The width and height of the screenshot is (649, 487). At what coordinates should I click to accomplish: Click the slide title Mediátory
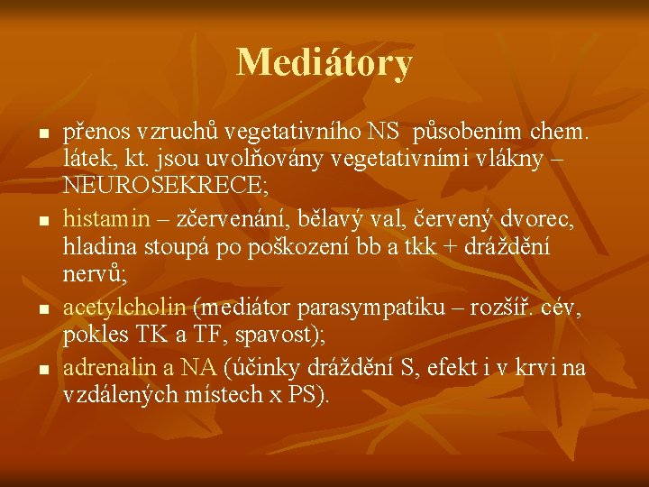tap(324, 62)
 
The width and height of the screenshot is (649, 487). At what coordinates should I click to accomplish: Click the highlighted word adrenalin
tap(107, 367)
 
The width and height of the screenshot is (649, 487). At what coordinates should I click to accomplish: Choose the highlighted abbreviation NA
tap(198, 367)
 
